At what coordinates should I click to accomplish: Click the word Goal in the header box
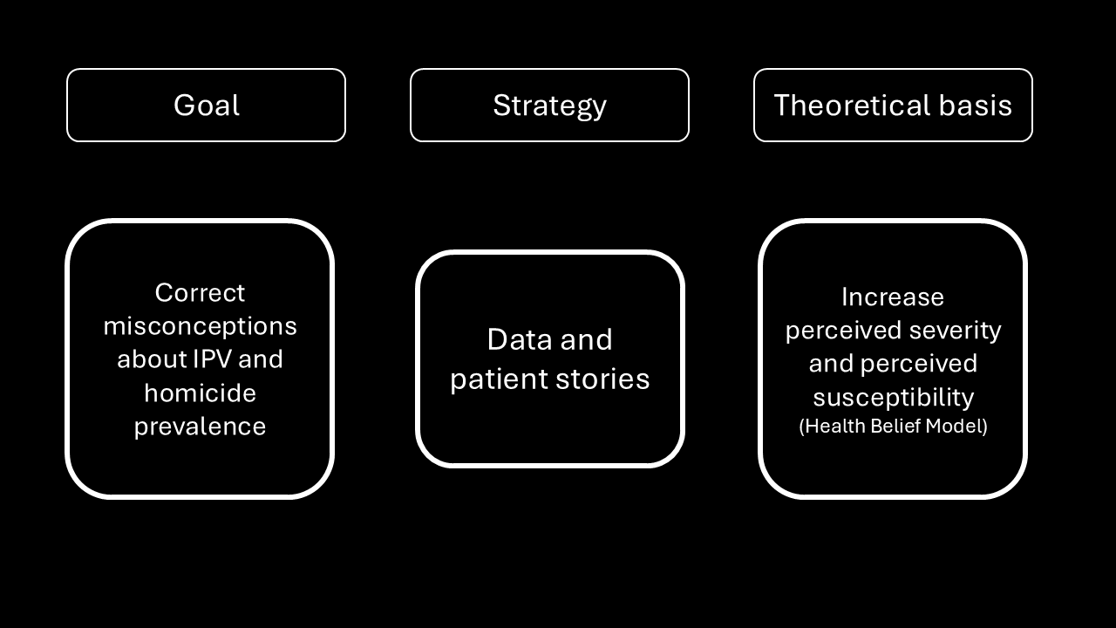[207, 106]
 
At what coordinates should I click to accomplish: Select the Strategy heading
[549, 106]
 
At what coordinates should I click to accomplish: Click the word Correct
[200, 292]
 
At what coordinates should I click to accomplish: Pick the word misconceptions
[200, 327]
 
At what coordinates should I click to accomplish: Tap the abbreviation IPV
[211, 358]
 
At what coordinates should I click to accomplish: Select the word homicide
[200, 392]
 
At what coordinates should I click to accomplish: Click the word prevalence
[200, 427]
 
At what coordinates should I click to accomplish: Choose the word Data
[520, 340]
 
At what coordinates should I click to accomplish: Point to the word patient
[498, 379]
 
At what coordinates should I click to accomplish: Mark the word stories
[602, 379]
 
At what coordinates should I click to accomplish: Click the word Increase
[893, 297]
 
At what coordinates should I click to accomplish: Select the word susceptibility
[894, 398]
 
